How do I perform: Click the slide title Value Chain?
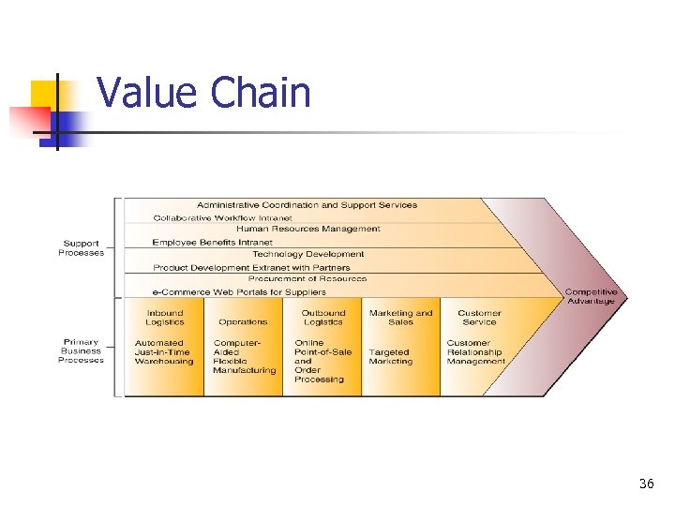(x=203, y=93)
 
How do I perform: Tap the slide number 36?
(x=646, y=484)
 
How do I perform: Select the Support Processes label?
(x=82, y=248)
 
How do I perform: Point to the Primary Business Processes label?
(x=81, y=351)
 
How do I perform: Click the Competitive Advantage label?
(x=591, y=296)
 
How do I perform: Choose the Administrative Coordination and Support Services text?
(x=307, y=205)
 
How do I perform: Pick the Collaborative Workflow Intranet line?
(x=222, y=217)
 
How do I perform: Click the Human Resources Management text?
(x=308, y=229)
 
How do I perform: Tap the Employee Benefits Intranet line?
(x=212, y=242)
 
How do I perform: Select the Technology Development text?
(x=308, y=254)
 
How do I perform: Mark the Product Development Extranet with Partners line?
(x=251, y=267)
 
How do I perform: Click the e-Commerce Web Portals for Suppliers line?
(x=239, y=291)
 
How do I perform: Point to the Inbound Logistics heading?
(x=165, y=318)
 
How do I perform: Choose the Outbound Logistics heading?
(x=323, y=318)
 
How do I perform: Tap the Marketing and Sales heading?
(x=401, y=318)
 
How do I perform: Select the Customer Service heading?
(x=479, y=318)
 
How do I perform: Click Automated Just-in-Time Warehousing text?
(x=164, y=352)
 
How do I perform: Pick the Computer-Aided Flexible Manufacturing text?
(x=244, y=356)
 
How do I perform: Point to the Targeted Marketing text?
(x=391, y=357)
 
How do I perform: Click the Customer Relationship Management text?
(x=475, y=352)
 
